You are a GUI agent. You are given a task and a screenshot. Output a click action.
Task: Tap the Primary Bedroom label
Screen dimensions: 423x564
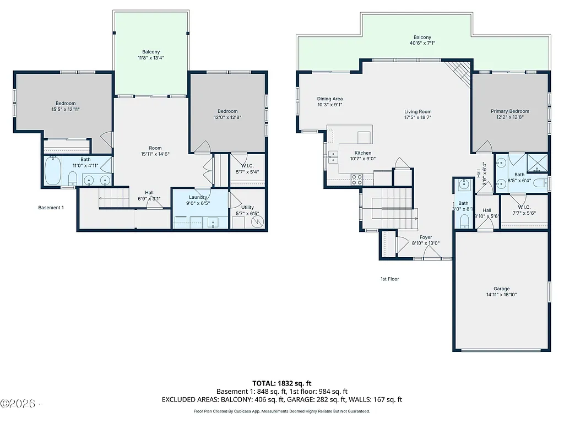tap(510, 111)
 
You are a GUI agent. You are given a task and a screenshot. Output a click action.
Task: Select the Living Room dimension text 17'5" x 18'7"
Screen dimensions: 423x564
tap(417, 117)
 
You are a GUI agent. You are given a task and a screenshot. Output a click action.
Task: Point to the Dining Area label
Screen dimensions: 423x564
tap(330, 99)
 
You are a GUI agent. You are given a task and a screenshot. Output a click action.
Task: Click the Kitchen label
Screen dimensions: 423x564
tap(363, 153)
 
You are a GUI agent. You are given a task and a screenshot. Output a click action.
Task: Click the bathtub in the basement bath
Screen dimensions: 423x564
tap(53, 172)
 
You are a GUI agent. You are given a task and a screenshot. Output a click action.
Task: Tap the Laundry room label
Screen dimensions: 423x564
tap(198, 197)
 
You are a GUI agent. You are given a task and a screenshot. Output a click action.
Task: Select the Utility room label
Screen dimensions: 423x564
tap(247, 208)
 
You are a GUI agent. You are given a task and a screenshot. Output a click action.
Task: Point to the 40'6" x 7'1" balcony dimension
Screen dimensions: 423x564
tap(422, 43)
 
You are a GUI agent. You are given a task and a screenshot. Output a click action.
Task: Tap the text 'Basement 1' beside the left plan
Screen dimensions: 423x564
tap(51, 208)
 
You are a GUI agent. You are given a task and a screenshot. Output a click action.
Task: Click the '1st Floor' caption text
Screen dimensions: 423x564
tap(389, 279)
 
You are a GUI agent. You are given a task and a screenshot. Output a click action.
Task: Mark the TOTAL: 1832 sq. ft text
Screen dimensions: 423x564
tap(281, 383)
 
